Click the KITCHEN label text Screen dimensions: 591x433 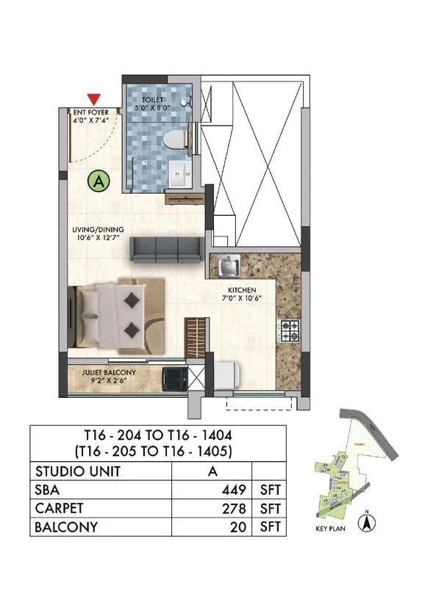241,290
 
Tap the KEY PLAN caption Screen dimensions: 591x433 327,527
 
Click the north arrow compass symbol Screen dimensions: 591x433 363,523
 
